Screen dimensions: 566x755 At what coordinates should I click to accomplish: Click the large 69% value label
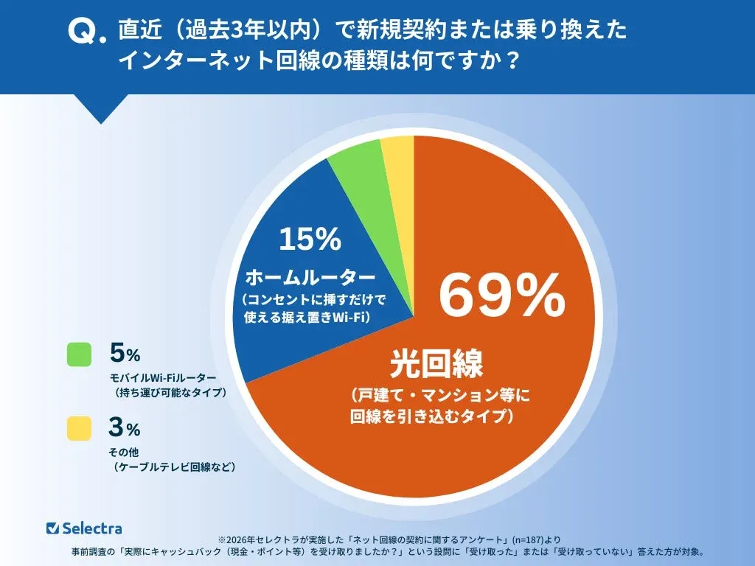(x=502, y=295)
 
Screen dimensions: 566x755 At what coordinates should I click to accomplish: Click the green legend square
(x=79, y=354)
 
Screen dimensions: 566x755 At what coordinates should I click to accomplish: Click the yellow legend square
(x=79, y=428)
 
